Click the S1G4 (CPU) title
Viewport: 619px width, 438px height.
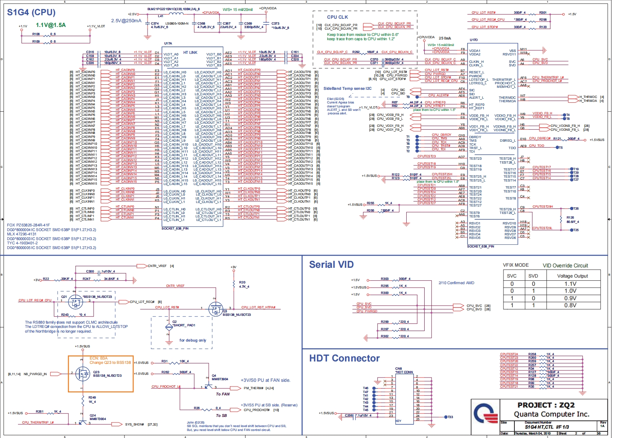pos(31,12)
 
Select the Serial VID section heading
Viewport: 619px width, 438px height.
pos(331,265)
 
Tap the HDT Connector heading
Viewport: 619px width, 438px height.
pos(344,358)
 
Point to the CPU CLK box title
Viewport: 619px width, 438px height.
pos(337,17)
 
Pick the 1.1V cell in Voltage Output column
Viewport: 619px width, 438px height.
pos(570,284)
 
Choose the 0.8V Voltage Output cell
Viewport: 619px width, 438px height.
pos(570,305)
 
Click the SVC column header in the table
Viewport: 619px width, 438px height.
pos(511,276)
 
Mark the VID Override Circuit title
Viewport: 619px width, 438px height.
pos(565,265)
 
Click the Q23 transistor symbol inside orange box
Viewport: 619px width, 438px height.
pos(83,374)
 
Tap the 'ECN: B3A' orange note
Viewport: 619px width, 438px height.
pos(98,358)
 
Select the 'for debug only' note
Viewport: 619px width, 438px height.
pos(192,340)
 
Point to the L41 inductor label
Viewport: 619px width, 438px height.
pos(160,16)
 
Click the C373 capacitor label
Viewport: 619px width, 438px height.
pos(275,23)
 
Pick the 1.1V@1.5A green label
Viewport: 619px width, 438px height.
pos(51,25)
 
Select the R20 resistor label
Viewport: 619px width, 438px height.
pos(242,282)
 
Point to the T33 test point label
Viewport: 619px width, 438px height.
pos(450,417)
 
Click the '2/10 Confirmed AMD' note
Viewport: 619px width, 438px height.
pos(456,283)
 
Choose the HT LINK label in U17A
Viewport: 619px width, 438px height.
pos(190,52)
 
